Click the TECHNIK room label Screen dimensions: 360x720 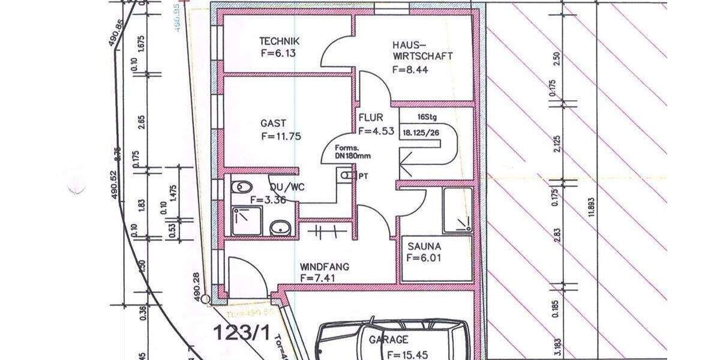[279, 41]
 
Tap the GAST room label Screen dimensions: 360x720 [273, 123]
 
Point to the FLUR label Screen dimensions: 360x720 [371, 118]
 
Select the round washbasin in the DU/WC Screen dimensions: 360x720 [278, 228]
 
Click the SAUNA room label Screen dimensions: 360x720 [424, 246]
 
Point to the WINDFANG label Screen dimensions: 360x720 [325, 267]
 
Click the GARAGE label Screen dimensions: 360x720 [388, 340]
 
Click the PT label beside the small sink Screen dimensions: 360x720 [363, 176]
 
